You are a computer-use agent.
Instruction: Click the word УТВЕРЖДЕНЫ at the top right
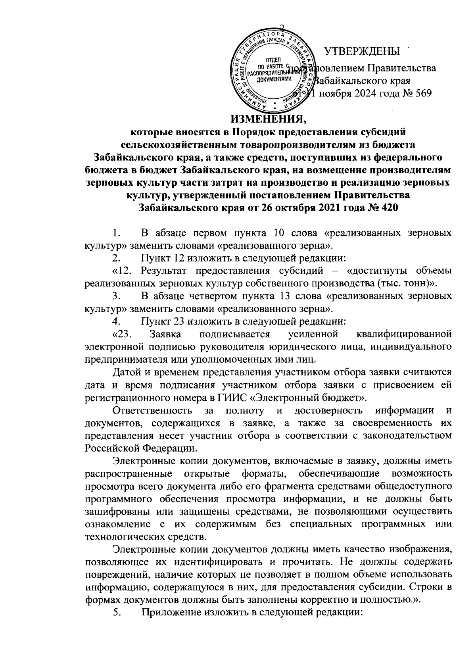click(x=362, y=51)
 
